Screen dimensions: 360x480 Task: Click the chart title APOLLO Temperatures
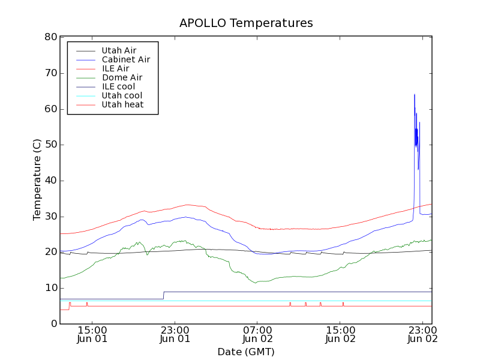246,23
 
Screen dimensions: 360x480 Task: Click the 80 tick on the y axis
50,37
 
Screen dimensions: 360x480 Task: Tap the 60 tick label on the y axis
50,109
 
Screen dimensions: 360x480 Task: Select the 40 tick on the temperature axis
50,181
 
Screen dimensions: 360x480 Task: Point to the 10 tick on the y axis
50,288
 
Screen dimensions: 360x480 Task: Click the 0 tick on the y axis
53,324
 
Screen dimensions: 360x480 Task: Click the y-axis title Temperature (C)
37,180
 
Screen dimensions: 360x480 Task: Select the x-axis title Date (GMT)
246,352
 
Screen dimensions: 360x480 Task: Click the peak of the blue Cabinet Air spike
414,94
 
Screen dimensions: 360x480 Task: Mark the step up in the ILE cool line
164,295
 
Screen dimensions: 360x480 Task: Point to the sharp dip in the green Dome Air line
148,254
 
